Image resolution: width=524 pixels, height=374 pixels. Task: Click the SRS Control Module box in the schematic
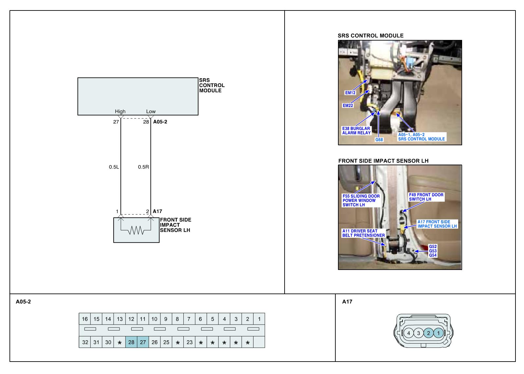tap(138, 96)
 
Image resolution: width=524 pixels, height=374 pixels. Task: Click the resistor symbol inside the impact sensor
tap(136, 230)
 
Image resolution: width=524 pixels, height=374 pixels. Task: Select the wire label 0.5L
tap(114, 167)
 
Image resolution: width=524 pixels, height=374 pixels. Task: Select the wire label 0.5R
tap(143, 167)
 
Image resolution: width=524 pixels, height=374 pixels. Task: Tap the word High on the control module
tap(120, 111)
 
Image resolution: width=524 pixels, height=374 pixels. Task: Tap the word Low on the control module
tap(151, 111)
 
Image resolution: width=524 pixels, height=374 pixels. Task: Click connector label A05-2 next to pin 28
tap(160, 122)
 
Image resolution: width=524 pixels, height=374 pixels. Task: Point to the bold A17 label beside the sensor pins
tap(157, 211)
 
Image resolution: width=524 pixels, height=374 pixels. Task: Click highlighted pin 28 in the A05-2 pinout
tap(131, 342)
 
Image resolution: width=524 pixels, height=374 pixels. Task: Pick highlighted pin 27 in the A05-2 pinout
tap(143, 342)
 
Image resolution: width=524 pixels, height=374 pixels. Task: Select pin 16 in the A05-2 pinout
tap(85, 319)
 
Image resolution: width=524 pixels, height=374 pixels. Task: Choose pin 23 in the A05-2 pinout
tap(189, 342)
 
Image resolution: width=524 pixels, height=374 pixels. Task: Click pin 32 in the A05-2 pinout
tap(85, 342)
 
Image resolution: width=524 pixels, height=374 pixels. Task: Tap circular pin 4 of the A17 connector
tap(408, 333)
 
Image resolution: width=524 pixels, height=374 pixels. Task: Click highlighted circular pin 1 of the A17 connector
tap(438, 333)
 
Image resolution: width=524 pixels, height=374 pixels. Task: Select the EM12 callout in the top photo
tap(350, 93)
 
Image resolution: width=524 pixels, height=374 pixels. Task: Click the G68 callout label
tap(379, 140)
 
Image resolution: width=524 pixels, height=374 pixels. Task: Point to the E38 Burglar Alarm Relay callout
tap(356, 131)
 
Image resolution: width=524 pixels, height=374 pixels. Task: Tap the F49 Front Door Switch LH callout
tap(426, 197)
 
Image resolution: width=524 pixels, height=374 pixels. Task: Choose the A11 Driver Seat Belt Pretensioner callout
tap(364, 233)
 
